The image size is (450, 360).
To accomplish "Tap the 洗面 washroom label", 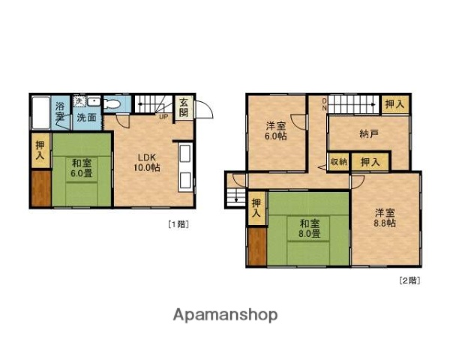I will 85,118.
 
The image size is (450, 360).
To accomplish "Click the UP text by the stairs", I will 163,116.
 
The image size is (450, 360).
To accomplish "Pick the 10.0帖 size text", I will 146,168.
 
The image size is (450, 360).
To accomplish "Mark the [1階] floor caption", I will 178,223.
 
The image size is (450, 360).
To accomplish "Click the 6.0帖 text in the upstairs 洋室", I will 275,136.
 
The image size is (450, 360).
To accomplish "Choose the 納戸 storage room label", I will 368,134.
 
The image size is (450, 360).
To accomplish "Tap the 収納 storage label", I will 338,161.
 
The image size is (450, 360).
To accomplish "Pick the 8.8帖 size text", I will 385,222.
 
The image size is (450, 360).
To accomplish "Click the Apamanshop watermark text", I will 225,314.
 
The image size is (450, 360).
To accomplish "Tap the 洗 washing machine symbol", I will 79,102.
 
